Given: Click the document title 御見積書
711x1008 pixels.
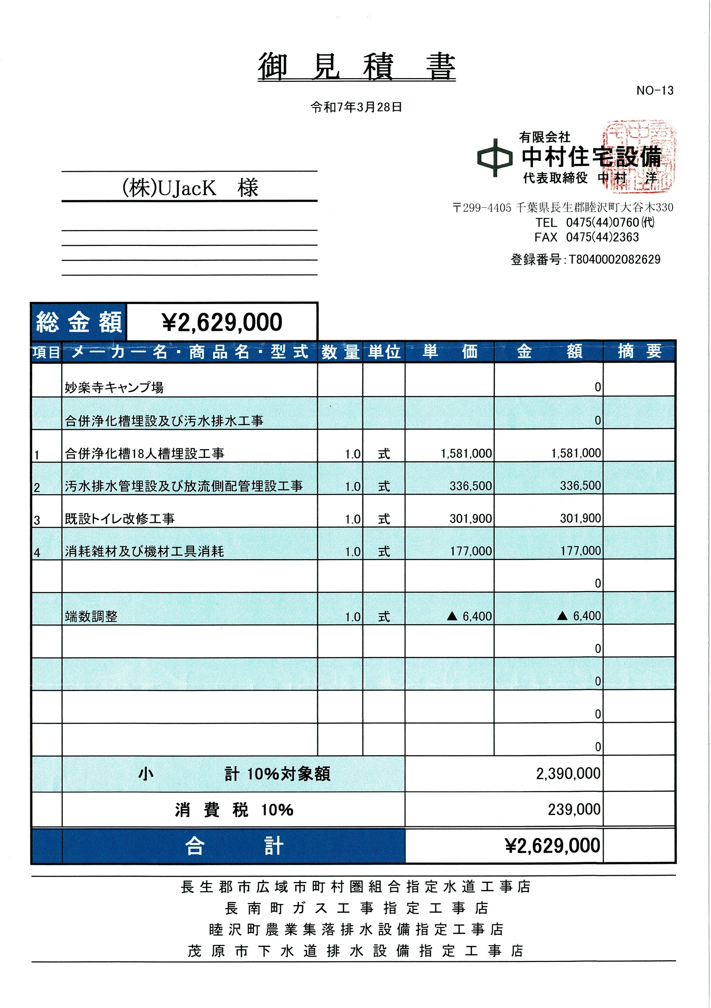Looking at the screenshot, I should [356, 67].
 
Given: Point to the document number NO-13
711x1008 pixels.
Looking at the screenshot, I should [654, 91].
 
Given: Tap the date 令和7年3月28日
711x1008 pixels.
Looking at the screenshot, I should [356, 107].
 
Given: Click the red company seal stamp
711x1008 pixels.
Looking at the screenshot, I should [639, 156].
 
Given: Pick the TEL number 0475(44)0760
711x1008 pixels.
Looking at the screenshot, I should [602, 222].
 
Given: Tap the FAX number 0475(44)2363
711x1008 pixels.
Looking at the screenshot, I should [602, 238].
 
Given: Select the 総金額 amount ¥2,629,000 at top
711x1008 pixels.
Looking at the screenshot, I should [222, 322].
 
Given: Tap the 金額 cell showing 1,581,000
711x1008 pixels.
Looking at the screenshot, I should [576, 453].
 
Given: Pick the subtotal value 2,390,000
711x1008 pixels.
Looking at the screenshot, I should [568, 774].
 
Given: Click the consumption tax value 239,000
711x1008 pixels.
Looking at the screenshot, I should [574, 810].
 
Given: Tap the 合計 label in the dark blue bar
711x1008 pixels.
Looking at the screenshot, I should [234, 846].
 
